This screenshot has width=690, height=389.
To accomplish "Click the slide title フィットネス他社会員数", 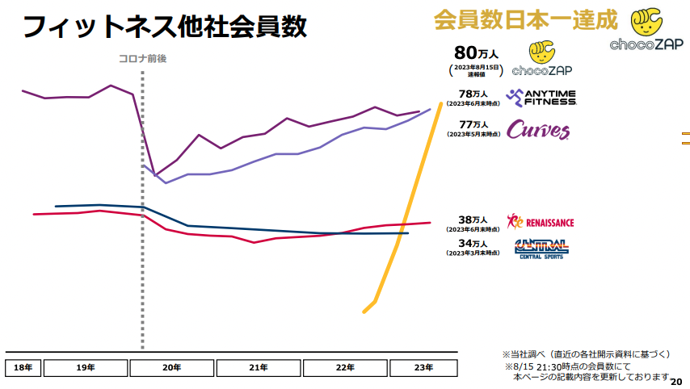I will [164, 26].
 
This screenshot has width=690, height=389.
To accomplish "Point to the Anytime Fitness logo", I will [541, 98].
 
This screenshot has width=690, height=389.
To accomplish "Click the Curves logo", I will [537, 130].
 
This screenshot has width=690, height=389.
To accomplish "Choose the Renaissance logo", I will [540, 221].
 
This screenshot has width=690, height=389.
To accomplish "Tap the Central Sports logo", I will [541, 248].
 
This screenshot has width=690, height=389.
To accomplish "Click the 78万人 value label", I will [473, 94].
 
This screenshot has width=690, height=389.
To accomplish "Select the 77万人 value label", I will [473, 124].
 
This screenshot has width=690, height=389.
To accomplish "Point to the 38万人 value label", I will [473, 220].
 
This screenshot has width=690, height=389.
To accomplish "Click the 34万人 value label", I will [473, 243].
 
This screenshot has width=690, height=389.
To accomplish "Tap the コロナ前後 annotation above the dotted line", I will [141, 58].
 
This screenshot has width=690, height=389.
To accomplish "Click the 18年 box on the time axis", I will [23, 367].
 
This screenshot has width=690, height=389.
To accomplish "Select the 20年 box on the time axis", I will [171, 367].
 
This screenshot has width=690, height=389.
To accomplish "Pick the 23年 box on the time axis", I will [423, 367].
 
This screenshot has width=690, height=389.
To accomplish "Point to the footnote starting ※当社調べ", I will [586, 353].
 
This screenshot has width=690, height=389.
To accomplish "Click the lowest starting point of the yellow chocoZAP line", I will [364, 312].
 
